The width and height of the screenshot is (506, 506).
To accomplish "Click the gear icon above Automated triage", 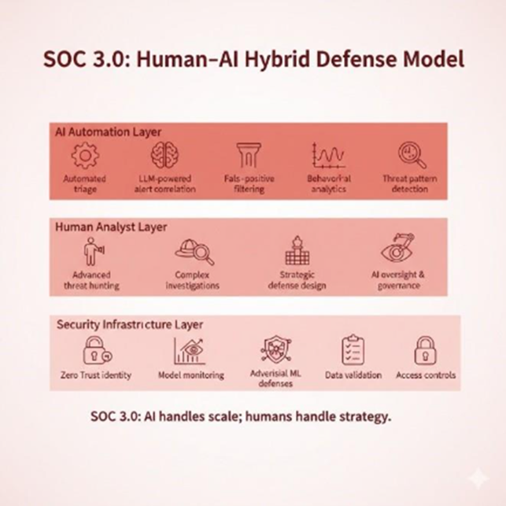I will click(85, 157).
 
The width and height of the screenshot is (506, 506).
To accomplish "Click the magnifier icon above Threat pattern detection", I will click(410, 156).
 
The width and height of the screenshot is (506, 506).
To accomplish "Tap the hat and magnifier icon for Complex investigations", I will click(193, 252).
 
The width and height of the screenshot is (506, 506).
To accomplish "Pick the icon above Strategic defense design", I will click(297, 250).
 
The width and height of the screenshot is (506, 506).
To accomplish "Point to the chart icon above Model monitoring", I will click(190, 349).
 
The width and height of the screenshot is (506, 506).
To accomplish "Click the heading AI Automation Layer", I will click(102, 131).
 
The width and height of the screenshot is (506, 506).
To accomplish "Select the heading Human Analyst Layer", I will click(111, 227).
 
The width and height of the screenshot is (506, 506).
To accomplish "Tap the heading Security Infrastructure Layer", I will click(130, 323).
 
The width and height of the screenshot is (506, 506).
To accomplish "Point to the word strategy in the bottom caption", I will click(361, 416).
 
